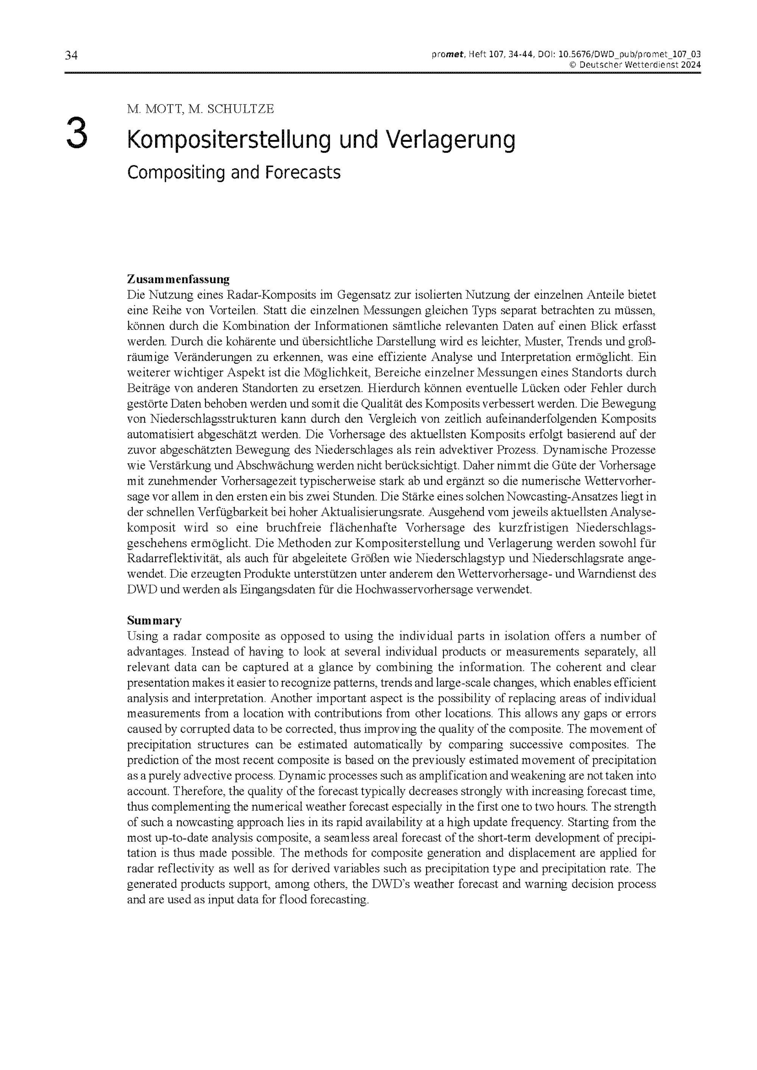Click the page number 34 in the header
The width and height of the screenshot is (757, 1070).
click(71, 56)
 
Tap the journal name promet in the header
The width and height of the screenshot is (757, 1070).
click(447, 54)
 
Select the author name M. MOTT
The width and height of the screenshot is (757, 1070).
click(155, 109)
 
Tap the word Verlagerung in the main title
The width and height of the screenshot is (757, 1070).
click(451, 140)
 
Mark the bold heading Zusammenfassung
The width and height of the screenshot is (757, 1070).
click(178, 280)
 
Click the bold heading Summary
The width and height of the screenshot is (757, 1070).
click(154, 621)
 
